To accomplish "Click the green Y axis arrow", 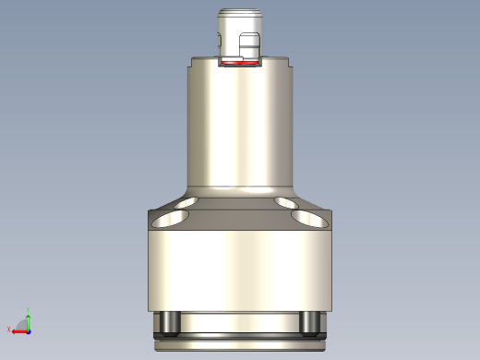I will coord(28,319).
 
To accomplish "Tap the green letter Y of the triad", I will coord(29,310).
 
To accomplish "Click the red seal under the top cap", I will coord(239,64).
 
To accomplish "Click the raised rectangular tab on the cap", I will coord(248,46).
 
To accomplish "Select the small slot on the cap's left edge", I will coord(219,39).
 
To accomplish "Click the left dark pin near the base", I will coord(168,322).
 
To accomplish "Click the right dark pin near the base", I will coord(310,322).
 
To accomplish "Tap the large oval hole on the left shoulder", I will coord(171,218).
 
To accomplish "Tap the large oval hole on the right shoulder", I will coord(309,218).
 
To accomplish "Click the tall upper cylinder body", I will coord(239,125).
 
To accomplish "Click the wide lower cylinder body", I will coord(239,268).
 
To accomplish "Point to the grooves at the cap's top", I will coord(239,17).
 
